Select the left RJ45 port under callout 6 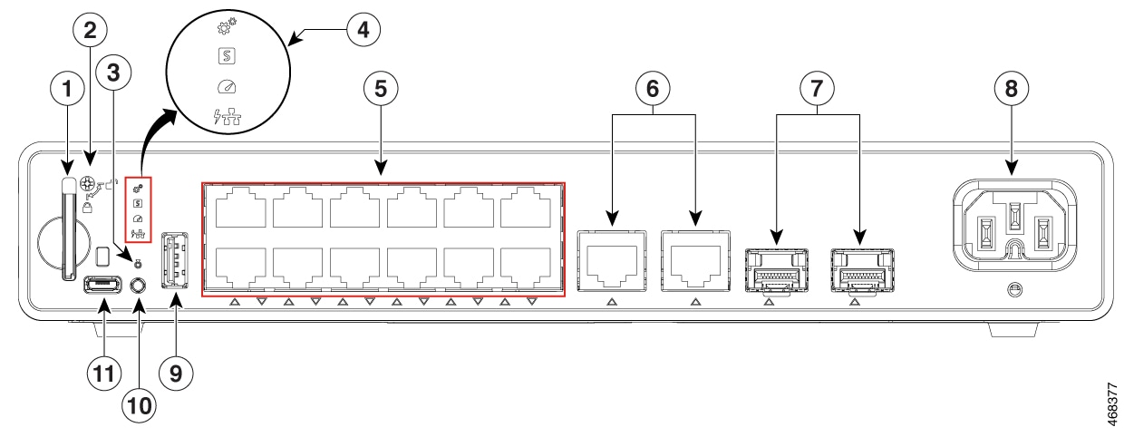[611, 261]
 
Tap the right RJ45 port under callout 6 [694, 261]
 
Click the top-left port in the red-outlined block [238, 210]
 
